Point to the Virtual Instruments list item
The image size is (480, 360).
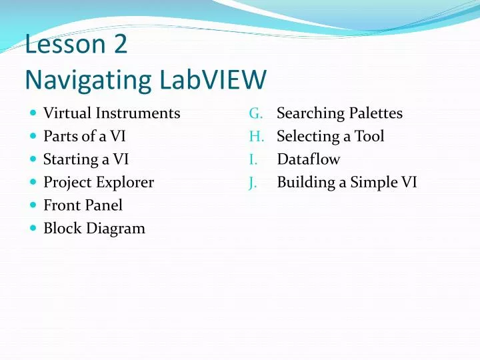click(x=111, y=113)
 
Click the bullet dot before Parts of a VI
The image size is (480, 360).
click(x=33, y=137)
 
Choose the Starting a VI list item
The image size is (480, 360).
click(x=86, y=159)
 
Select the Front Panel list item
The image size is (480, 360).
click(x=83, y=205)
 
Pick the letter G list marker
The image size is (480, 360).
click(x=255, y=113)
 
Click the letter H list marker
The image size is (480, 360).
click(x=256, y=137)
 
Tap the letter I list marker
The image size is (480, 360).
click(x=253, y=159)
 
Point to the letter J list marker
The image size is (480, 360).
click(x=253, y=182)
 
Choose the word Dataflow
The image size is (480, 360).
click(x=308, y=159)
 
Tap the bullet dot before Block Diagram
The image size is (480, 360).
click(x=33, y=228)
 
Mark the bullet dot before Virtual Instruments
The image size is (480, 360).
click(x=33, y=113)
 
